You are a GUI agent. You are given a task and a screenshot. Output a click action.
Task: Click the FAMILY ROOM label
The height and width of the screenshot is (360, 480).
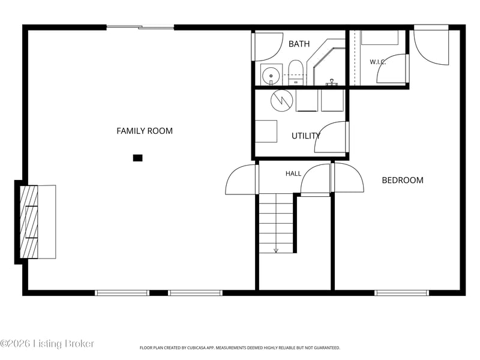coord(145,131)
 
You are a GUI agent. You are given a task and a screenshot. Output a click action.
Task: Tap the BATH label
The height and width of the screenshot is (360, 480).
coord(299,44)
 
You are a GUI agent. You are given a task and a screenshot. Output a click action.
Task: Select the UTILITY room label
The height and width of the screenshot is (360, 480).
coord(306,136)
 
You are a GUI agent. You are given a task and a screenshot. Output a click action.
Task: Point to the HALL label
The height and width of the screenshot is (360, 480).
coord(293,173)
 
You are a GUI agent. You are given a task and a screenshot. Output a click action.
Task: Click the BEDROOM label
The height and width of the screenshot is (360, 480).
coord(403,180)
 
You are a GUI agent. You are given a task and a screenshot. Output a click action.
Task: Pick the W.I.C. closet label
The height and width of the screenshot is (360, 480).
coord(378,62)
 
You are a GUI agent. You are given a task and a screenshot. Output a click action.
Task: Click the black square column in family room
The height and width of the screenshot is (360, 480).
coord(138,158)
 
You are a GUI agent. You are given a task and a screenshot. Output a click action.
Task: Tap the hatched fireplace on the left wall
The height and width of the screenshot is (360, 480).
coord(29,221)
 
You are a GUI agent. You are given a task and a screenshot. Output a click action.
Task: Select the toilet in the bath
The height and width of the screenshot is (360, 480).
coord(295,73)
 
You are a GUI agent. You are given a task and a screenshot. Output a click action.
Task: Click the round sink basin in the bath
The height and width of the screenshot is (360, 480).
coord(271,76)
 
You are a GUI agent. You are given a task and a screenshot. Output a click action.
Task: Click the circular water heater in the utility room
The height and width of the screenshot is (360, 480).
coord(281,100)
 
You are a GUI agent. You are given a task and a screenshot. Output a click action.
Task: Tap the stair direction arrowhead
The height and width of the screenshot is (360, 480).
coord(276,250)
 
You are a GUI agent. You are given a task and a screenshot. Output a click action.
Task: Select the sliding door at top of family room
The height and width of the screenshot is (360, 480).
coord(140,28)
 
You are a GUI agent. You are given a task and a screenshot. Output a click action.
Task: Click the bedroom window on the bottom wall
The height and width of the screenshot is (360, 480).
coord(401,293)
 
